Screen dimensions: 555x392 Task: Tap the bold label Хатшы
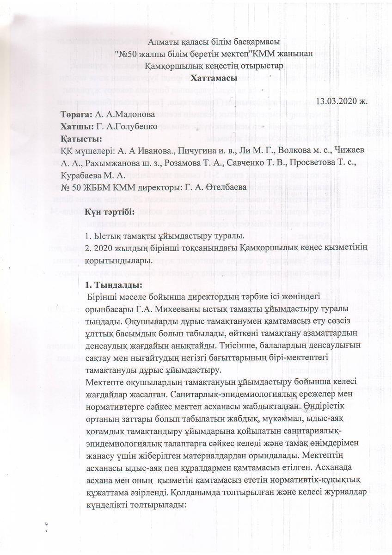pyautogui.click(x=76, y=126)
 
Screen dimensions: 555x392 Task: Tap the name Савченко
pyautogui.click(x=247, y=163)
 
